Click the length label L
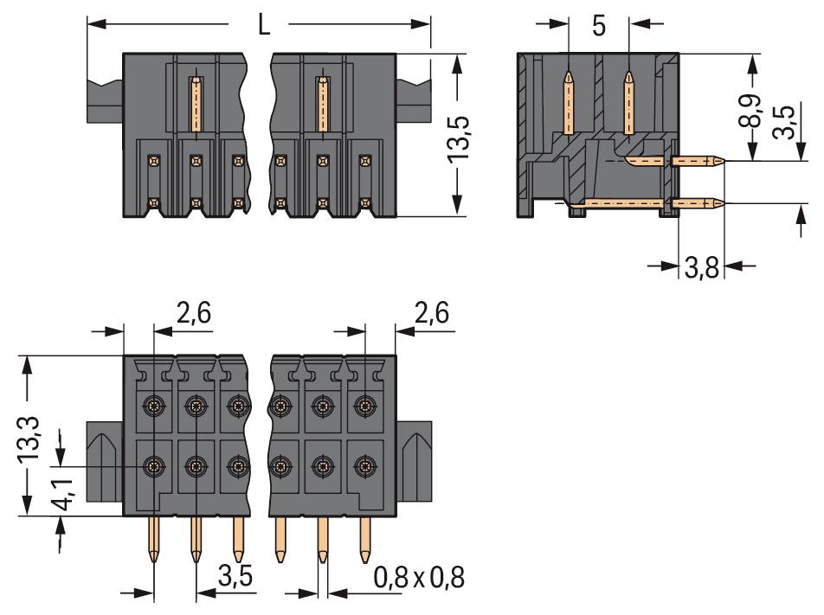(264, 25)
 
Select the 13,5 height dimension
(458, 139)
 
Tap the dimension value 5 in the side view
(599, 26)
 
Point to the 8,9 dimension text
(750, 111)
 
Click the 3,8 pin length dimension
(702, 268)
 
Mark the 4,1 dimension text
(63, 494)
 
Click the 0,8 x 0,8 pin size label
(419, 578)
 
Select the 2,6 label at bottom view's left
(193, 313)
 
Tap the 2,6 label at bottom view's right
(432, 313)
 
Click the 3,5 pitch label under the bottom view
(235, 577)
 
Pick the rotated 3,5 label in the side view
(784, 121)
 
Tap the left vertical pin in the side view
(568, 103)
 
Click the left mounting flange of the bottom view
(105, 461)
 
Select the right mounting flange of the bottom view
(414, 461)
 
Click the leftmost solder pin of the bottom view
(153, 539)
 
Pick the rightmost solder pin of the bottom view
(364, 539)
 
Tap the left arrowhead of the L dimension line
(97, 24)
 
